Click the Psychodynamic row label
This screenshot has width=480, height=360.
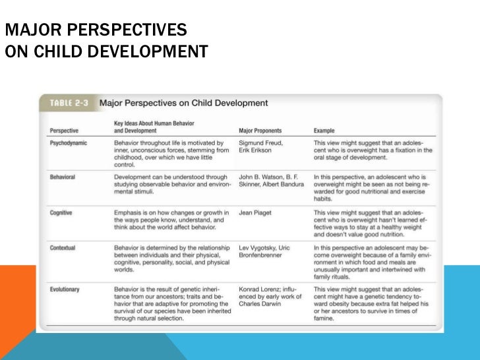[x=69, y=142]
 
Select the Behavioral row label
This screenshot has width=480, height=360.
[x=63, y=177]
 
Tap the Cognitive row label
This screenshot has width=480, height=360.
[x=61, y=213]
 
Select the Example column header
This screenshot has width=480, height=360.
[x=324, y=131]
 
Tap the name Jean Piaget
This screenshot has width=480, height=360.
[x=256, y=213]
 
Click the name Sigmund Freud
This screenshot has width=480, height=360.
[x=263, y=142]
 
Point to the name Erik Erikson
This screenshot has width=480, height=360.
[x=256, y=150]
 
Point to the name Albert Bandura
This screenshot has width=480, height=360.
[x=284, y=185]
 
